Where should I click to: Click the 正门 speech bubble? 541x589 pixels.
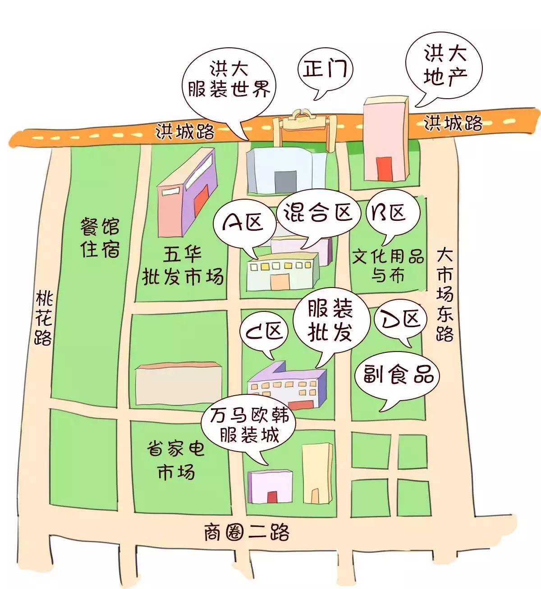[x=325, y=70]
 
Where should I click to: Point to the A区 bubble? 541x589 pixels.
[x=244, y=223]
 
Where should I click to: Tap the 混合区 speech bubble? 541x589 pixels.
[x=318, y=212]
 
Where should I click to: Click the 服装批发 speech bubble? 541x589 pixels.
[x=330, y=320]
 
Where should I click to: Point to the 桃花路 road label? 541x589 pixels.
[x=44, y=318]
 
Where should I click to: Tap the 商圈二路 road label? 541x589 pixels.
[x=246, y=532]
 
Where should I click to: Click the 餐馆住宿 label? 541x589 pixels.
[x=100, y=237]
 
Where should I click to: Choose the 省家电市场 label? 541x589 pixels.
[x=176, y=460]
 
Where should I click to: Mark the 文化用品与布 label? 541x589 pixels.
[x=388, y=266]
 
